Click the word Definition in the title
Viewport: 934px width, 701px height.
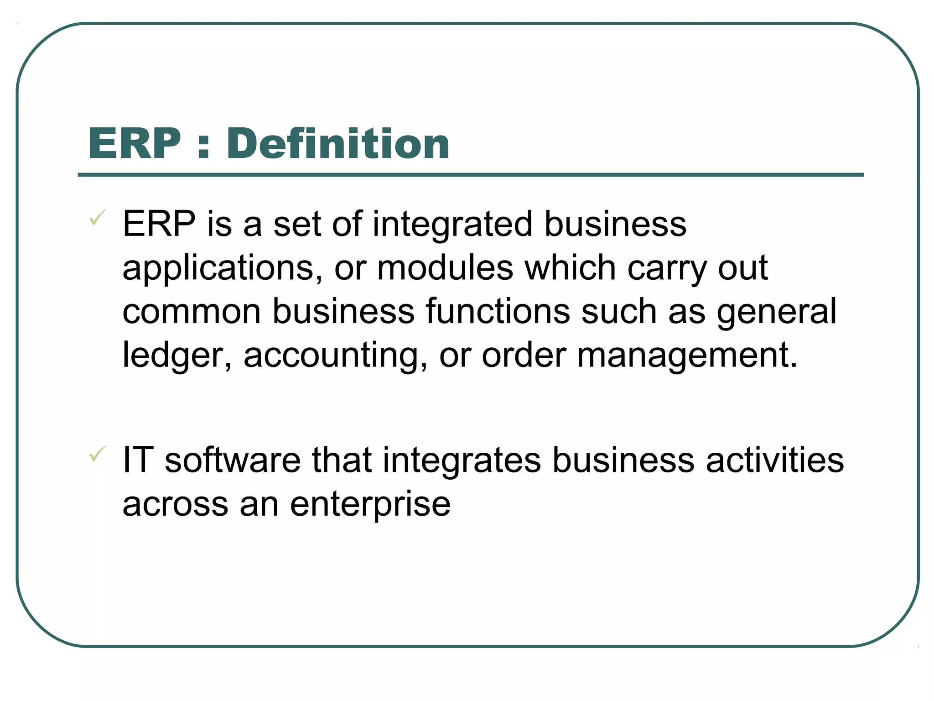coord(338,144)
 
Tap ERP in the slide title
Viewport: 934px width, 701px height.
coord(135,144)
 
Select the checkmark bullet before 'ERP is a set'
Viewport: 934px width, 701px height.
coord(98,218)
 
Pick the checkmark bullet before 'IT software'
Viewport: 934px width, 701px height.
coord(98,454)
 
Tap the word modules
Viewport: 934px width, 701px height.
coord(445,268)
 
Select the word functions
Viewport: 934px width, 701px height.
coord(498,311)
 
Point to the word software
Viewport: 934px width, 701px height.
coord(233,460)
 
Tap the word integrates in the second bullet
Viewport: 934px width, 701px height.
coord(462,460)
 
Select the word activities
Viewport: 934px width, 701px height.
coord(775,460)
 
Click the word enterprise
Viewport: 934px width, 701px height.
coord(370,504)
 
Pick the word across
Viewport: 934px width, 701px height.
coord(175,504)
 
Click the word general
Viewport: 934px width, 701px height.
coord(777,312)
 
